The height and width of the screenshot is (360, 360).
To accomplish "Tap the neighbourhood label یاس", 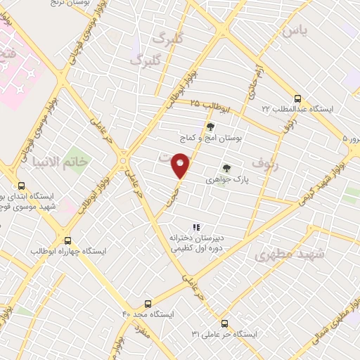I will (296, 32).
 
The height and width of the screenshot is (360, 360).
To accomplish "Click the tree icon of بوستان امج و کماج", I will (210, 127).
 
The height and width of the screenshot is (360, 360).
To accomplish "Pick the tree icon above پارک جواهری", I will (226, 168).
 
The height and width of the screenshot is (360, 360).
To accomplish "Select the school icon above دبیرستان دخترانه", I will (196, 226).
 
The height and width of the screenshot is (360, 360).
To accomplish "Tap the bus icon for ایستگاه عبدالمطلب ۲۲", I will (297, 98).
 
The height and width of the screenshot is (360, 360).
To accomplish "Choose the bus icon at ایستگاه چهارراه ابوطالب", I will (67, 239).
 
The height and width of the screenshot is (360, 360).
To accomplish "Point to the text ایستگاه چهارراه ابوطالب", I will (69, 250).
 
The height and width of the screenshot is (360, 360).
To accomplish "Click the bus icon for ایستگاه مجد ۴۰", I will (148, 304).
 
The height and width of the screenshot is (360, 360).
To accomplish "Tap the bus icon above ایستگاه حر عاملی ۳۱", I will (224, 323).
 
